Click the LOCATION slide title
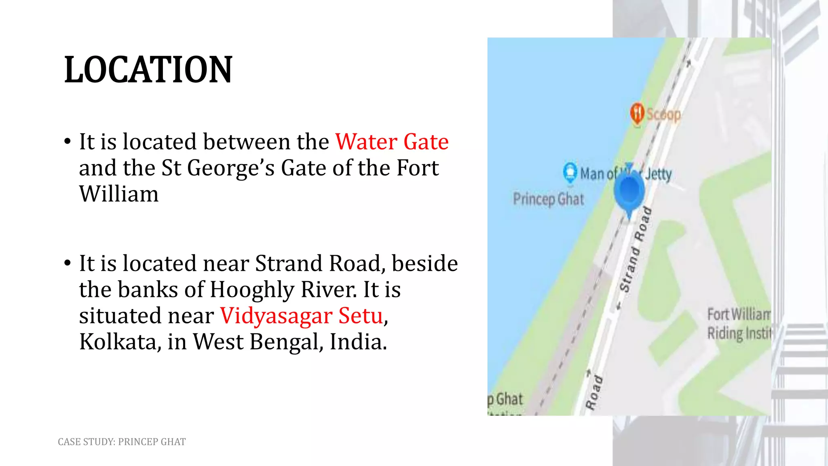[x=148, y=70]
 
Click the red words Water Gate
[x=392, y=142]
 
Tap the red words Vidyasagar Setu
[x=301, y=316]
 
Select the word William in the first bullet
[x=119, y=194]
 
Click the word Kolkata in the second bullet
[x=118, y=342]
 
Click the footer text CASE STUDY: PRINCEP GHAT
[x=122, y=442]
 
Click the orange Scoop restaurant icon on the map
[x=637, y=113]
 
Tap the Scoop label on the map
[x=663, y=114]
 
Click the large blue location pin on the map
[x=629, y=192]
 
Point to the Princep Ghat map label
[x=549, y=199]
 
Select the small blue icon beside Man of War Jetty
[x=570, y=172]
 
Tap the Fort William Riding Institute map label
[x=739, y=324]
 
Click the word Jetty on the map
[x=658, y=174]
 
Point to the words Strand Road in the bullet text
[x=318, y=263]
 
